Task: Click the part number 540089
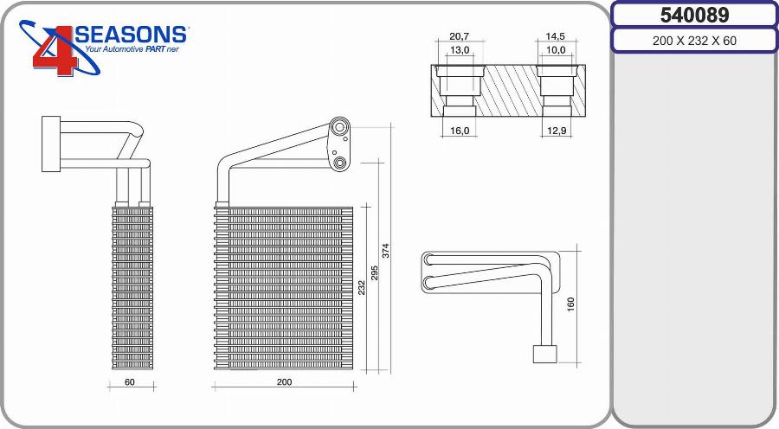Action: tap(694, 16)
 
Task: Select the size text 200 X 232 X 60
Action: tap(694, 41)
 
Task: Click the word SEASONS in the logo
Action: tap(131, 35)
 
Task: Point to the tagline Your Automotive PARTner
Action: tap(132, 49)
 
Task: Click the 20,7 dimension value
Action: tap(459, 36)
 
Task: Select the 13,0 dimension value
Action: tap(459, 49)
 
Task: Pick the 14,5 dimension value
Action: tap(555, 36)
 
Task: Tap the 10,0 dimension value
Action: tap(556, 49)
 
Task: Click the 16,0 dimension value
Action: tap(460, 131)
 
